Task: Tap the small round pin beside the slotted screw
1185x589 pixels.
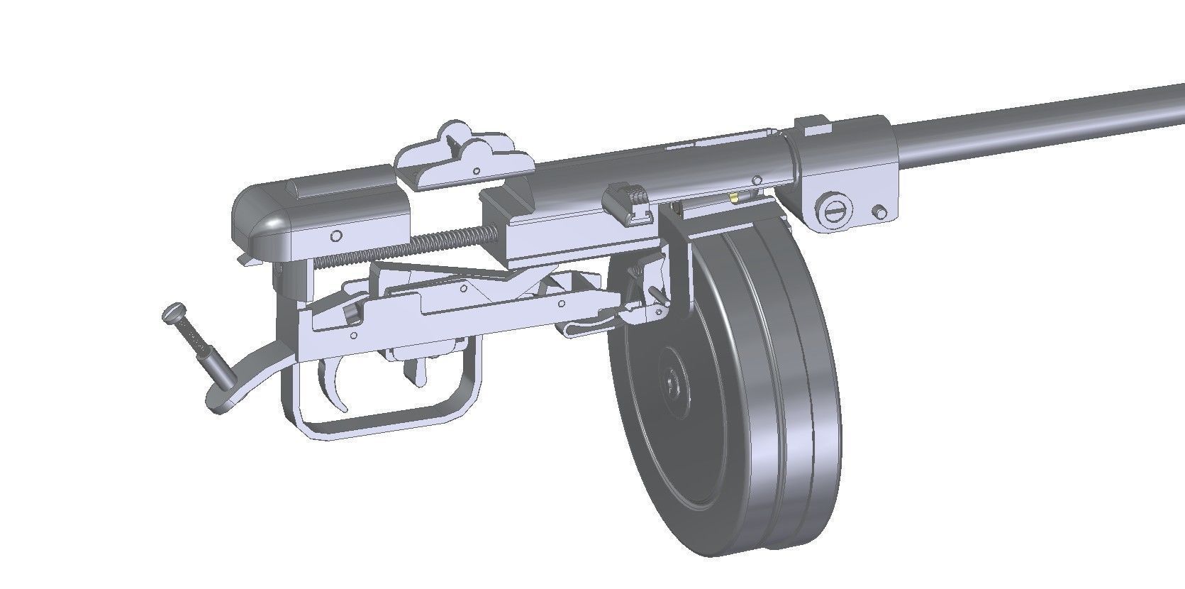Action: click(x=880, y=211)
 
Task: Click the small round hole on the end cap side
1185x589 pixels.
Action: click(x=337, y=236)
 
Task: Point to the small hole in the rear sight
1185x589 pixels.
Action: click(x=477, y=170)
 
